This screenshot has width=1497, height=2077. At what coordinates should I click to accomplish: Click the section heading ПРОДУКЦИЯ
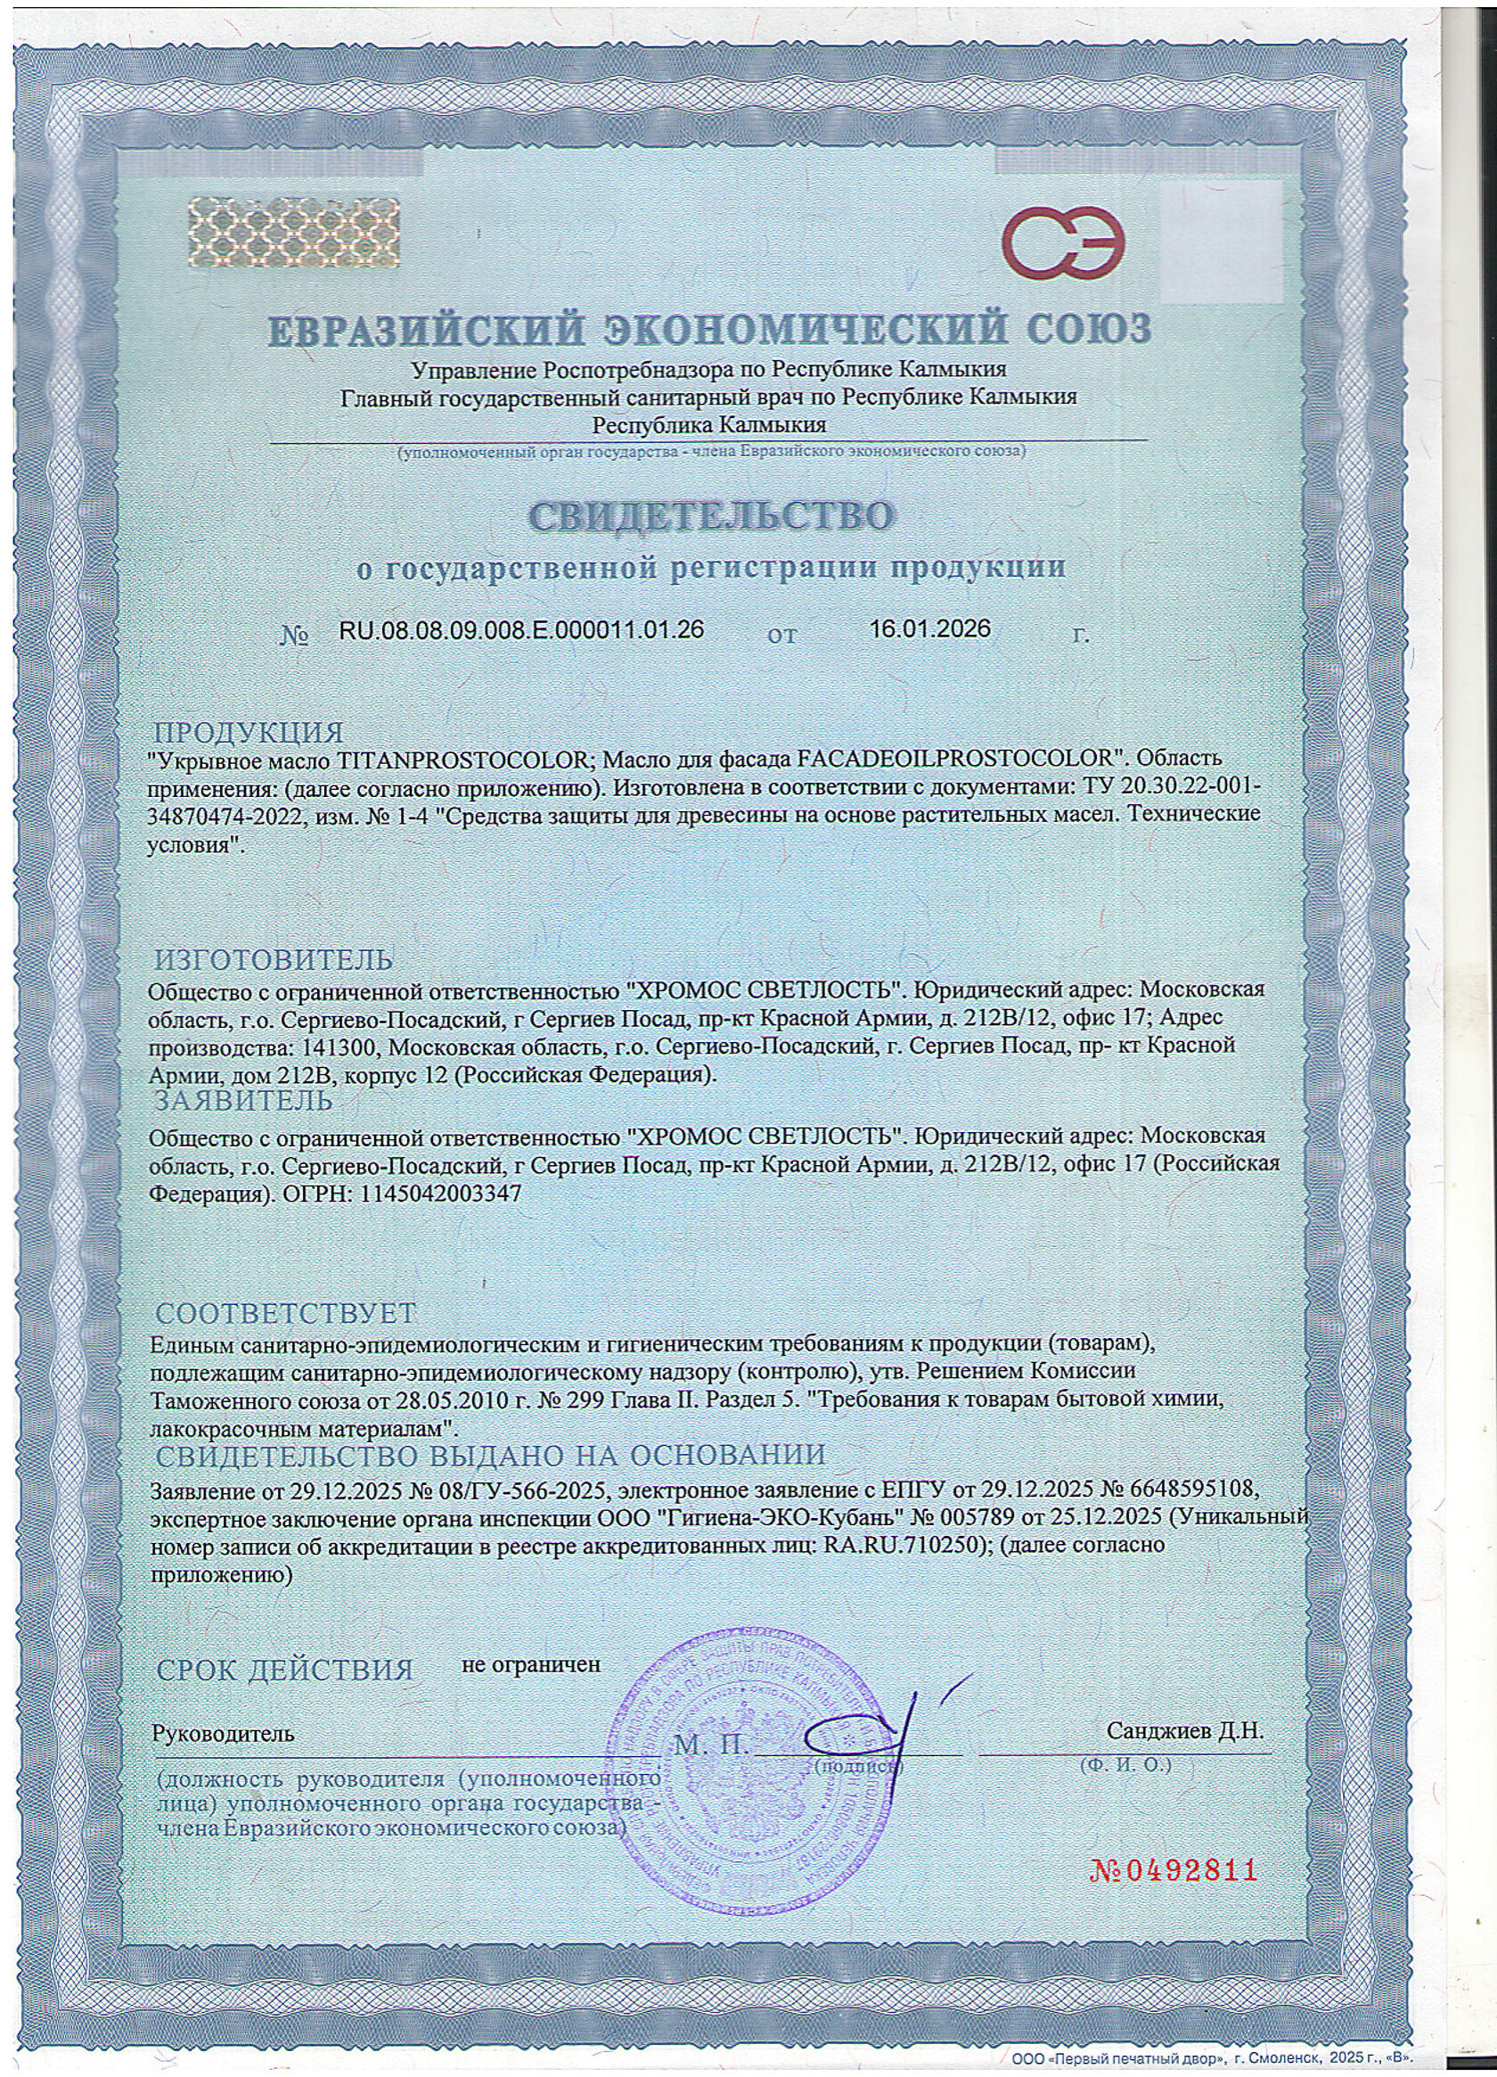pyautogui.click(x=248, y=733)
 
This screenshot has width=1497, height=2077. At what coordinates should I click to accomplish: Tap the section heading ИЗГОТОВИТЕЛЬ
pyautogui.click(x=273, y=960)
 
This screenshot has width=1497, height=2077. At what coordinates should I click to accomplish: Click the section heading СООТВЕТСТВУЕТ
pyautogui.click(x=285, y=1313)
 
